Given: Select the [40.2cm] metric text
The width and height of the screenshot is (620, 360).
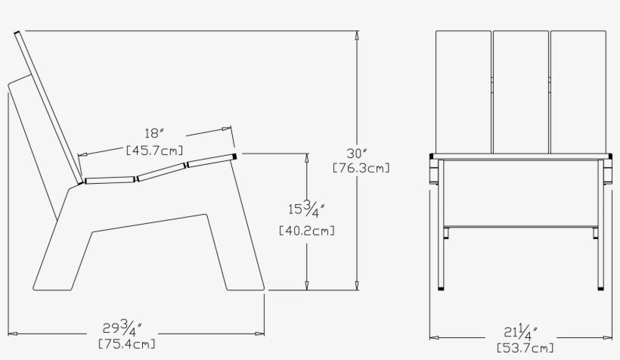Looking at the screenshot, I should pyautogui.click(x=307, y=230).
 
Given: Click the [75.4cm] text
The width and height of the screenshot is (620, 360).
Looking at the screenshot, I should pyautogui.click(x=127, y=345).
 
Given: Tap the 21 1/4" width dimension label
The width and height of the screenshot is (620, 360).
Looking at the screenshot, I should pyautogui.click(x=522, y=332).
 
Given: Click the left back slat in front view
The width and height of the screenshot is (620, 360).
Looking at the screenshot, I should pyautogui.click(x=463, y=91).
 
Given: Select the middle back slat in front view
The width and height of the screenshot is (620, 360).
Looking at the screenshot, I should pyautogui.click(x=520, y=91).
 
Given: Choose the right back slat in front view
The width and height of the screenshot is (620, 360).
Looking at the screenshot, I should pyautogui.click(x=578, y=91).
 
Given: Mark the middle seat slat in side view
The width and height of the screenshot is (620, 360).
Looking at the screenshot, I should pyautogui.click(x=160, y=173).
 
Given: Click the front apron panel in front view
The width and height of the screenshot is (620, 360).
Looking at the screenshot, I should pyautogui.click(x=520, y=193).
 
